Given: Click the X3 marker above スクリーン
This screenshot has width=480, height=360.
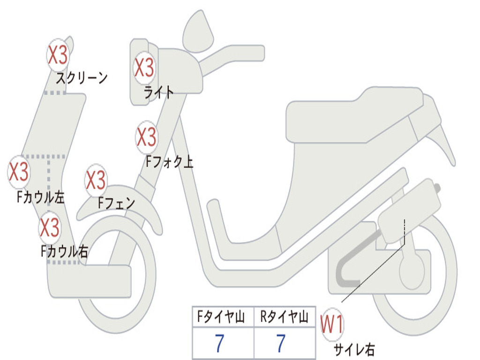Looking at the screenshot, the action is [x=58, y=55].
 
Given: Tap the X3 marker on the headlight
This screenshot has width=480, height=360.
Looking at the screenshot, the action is [x=144, y=67].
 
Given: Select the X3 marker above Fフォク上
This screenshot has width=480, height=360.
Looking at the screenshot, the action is [x=146, y=137].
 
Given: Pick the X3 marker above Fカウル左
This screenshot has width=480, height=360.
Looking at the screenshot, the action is [x=19, y=172].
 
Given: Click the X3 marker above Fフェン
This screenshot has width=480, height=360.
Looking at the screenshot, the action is [x=96, y=180].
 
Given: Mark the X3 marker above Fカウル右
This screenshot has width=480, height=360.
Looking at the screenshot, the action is [x=50, y=227].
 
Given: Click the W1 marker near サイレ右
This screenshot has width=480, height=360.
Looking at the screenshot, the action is [x=332, y=324].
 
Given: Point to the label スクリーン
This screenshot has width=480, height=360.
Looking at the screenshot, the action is [x=82, y=78].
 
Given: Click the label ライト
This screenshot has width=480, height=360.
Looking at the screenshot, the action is [x=158, y=92].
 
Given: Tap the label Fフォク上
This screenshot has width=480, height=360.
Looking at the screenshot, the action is [x=169, y=162].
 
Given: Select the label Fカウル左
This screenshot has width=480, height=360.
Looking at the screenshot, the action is [x=40, y=197].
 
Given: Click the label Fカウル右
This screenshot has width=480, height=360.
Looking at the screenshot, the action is [x=64, y=251].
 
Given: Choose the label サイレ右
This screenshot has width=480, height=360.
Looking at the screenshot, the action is [x=354, y=349].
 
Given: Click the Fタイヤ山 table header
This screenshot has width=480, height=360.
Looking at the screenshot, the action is [x=221, y=316].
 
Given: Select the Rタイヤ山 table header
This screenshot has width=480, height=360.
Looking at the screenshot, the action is [x=284, y=316].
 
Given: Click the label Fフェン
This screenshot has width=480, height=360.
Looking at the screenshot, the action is [x=116, y=202].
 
